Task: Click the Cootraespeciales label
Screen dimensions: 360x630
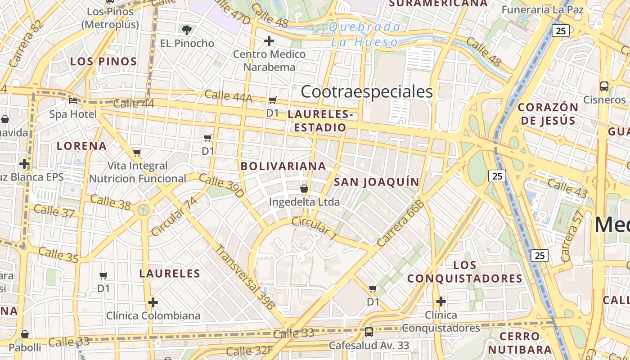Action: click(x=366, y=92)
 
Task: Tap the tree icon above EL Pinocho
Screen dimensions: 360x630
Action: click(x=187, y=30)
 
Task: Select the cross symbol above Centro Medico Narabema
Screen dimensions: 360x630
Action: click(x=269, y=41)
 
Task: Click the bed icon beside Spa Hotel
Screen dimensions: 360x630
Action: click(x=72, y=100)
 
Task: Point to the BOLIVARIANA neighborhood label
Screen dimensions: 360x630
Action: click(x=283, y=166)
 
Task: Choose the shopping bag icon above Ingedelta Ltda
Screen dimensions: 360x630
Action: click(x=304, y=188)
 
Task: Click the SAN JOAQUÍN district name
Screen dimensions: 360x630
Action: click(x=376, y=182)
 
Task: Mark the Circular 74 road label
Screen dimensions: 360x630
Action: click(x=174, y=216)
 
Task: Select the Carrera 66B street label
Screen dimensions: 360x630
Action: click(x=401, y=224)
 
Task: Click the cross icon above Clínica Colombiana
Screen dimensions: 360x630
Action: click(x=153, y=302)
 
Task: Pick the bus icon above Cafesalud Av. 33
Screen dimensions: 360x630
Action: click(x=369, y=332)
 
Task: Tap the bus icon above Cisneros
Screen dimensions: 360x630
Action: click(x=604, y=86)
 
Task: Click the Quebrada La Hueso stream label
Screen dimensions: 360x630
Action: click(x=364, y=35)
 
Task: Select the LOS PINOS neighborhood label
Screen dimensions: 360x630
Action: click(x=103, y=62)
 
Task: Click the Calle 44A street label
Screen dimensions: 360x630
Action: click(x=228, y=96)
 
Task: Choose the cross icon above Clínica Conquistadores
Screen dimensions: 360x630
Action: click(x=441, y=301)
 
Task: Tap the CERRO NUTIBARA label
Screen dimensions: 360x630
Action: click(x=520, y=343)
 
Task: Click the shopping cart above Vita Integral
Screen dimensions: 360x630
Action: click(x=137, y=153)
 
